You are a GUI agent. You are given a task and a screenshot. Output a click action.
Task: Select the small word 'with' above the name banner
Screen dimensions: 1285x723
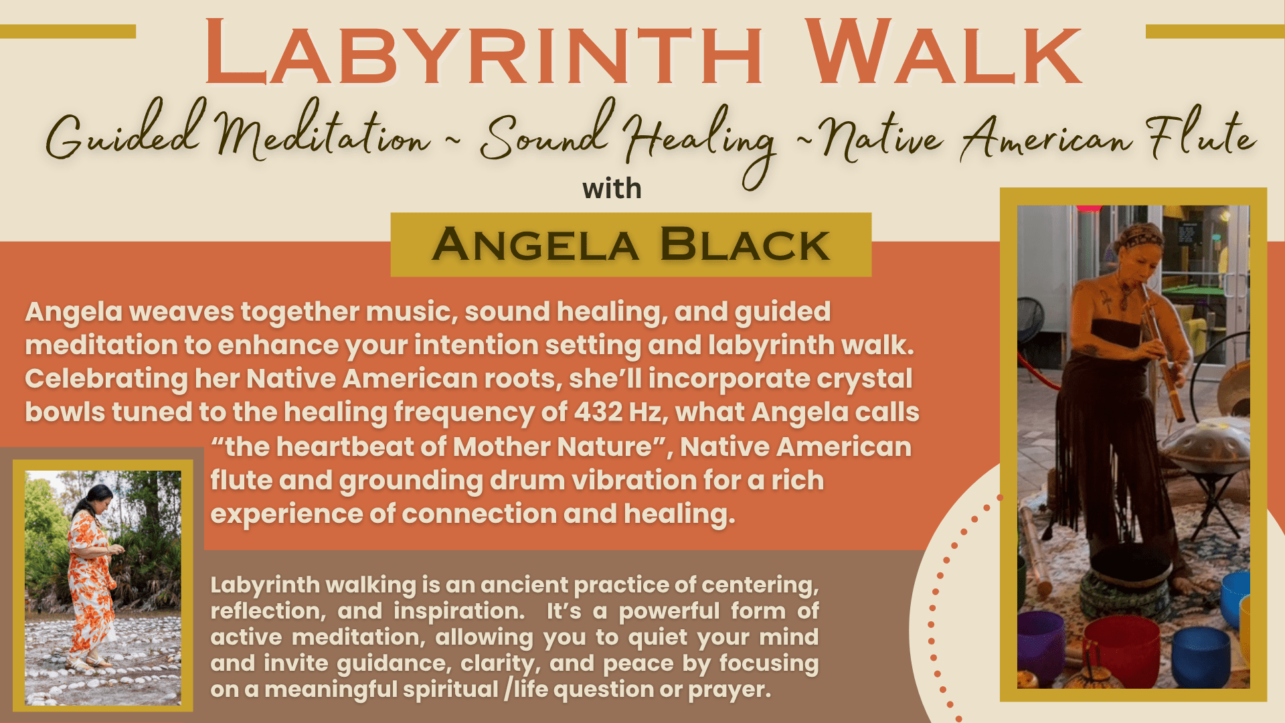[612, 189]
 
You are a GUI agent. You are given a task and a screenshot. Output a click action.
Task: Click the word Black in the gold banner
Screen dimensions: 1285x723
[744, 244]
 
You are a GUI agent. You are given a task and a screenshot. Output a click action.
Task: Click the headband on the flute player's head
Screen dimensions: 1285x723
[1142, 236]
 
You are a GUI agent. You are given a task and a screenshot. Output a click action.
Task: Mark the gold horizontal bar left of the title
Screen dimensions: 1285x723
[68, 31]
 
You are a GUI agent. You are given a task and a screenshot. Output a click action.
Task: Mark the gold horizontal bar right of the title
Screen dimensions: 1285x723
[1215, 31]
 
